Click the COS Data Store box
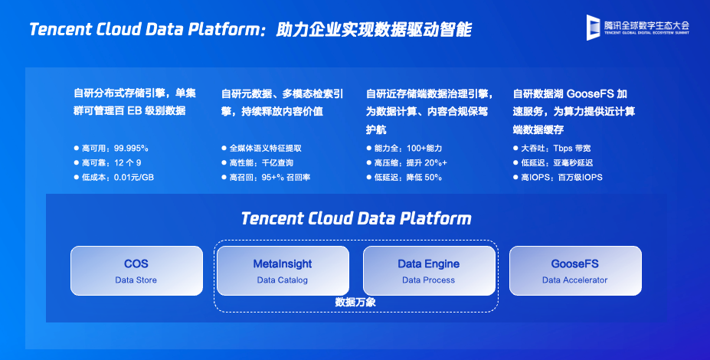(137, 271)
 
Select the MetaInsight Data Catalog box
(283, 271)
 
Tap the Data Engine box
(429, 271)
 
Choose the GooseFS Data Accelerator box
(575, 271)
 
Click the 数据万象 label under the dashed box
(355, 302)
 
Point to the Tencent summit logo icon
(593, 28)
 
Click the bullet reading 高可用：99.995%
(111, 148)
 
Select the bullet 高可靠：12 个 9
(108, 162)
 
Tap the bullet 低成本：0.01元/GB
(114, 177)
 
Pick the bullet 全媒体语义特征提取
(262, 148)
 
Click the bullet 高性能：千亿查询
(257, 162)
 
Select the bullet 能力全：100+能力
(404, 148)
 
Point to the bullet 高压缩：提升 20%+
(407, 162)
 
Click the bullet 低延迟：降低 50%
(404, 177)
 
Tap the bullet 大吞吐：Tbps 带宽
(552, 148)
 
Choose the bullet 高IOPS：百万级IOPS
(558, 177)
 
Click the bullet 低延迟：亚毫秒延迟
(553, 162)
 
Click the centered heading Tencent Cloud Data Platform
(356, 218)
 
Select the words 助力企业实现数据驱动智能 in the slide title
(374, 29)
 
